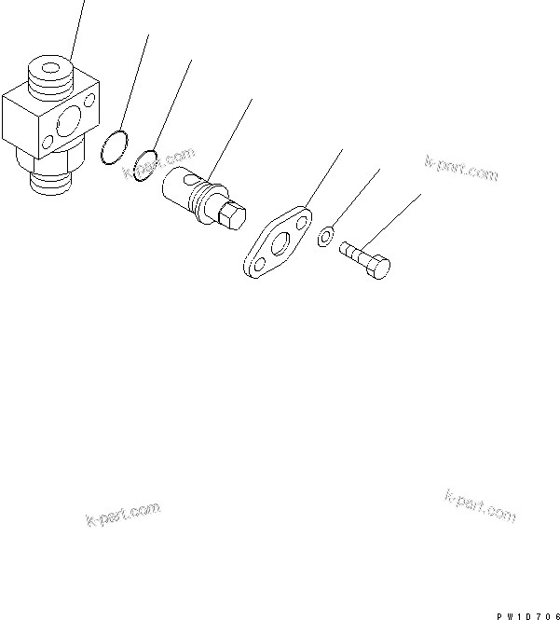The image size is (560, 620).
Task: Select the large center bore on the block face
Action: [67, 124]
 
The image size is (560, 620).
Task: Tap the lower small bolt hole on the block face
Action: [48, 145]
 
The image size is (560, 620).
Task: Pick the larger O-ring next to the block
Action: [113, 149]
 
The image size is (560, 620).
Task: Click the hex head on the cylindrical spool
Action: [229, 218]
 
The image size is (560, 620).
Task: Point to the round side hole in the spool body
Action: [190, 177]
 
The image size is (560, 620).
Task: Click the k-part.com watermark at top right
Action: [460, 169]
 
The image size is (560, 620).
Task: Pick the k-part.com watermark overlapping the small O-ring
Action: [158, 162]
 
